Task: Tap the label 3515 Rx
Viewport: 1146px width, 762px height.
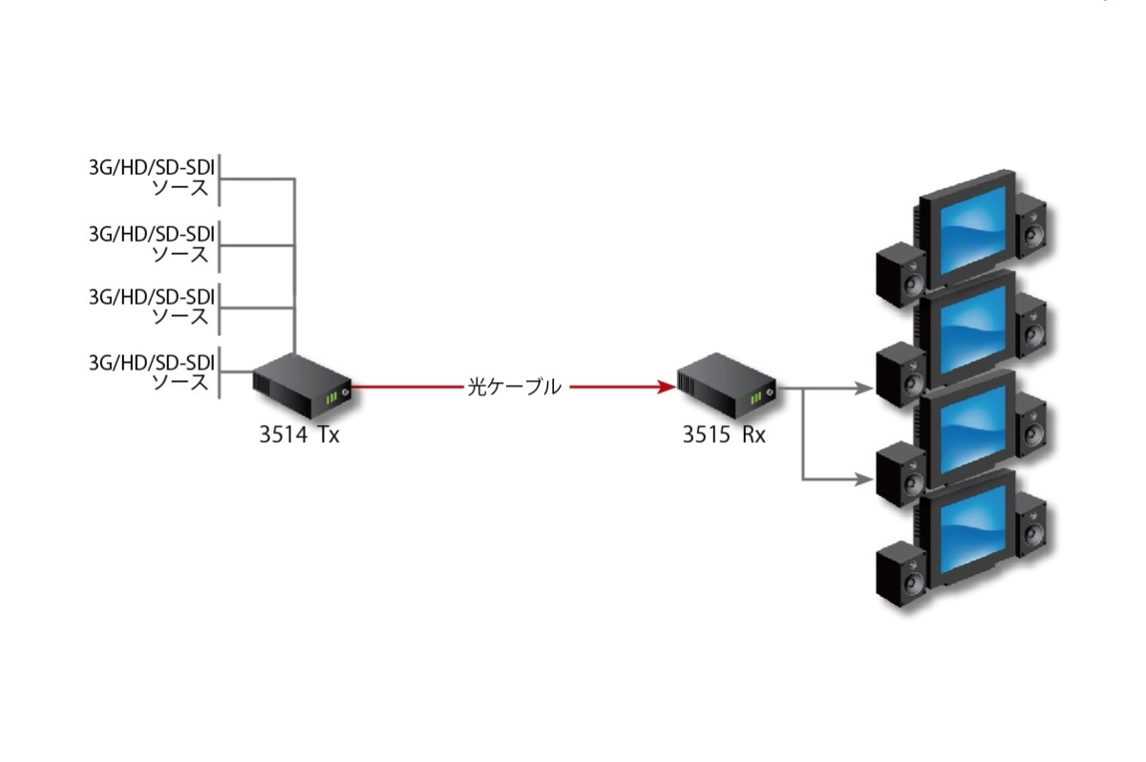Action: [724, 435]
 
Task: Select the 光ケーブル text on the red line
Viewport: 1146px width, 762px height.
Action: [513, 387]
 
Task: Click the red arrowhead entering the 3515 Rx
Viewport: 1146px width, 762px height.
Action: [667, 387]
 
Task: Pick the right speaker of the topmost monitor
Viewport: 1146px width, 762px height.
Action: [1032, 226]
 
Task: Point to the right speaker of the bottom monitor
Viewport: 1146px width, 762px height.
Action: [1032, 524]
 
